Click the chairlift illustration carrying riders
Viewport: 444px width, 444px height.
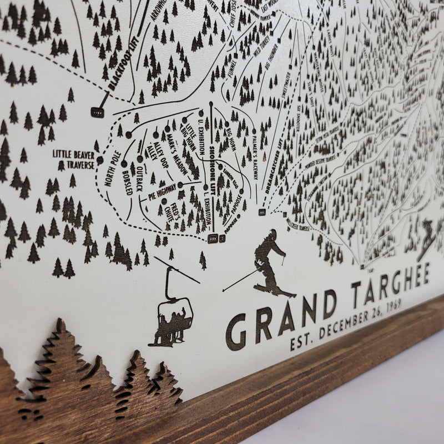click(x=172, y=316)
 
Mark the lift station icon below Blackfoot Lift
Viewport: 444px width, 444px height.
click(x=98, y=112)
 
